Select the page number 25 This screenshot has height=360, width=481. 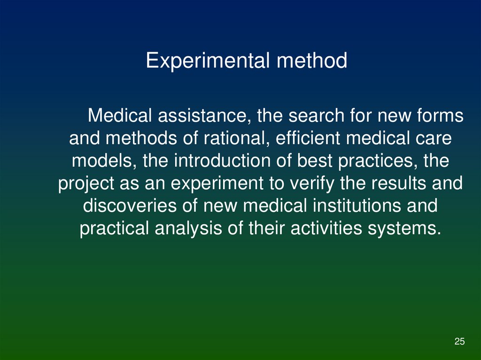pyautogui.click(x=459, y=341)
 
